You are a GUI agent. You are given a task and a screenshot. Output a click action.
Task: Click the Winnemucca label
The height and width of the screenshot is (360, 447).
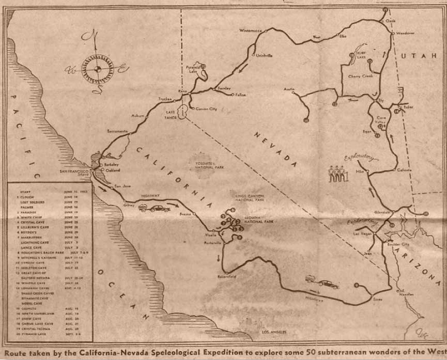pos(251,30)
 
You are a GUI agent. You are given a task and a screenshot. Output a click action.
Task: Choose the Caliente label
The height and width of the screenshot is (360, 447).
pos(404,169)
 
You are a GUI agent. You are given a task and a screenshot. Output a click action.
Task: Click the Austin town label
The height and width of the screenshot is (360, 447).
pos(289,89)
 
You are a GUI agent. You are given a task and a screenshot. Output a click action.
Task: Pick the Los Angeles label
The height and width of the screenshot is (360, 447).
pos(274,332)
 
